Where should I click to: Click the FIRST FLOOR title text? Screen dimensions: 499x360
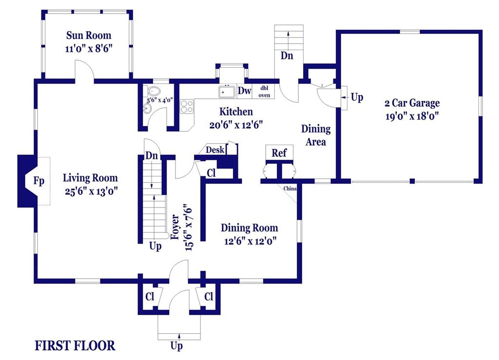75,346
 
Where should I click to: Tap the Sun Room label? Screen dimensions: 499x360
89,35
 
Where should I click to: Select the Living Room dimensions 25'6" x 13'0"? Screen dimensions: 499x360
91,191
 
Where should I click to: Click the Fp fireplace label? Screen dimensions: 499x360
39,181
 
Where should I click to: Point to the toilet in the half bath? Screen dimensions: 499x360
153,91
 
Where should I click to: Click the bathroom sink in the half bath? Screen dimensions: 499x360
147,109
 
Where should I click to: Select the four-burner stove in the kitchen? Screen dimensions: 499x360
187,107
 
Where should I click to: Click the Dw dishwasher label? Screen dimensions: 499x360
245,91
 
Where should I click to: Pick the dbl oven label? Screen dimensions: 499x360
264,92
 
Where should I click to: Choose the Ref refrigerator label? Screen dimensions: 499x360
279,153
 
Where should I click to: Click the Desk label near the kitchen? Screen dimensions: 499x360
215,150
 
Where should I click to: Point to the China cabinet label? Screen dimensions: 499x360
290,189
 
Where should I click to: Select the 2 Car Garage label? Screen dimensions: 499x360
412,103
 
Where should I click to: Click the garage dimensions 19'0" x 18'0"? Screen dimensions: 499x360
412,116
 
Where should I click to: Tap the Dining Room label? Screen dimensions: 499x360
249,228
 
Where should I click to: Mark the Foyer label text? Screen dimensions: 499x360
175,227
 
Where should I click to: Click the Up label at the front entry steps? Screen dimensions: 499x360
176,346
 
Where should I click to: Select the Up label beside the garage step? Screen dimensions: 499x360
357,97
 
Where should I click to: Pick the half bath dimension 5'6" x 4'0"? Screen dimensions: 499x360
160,100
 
